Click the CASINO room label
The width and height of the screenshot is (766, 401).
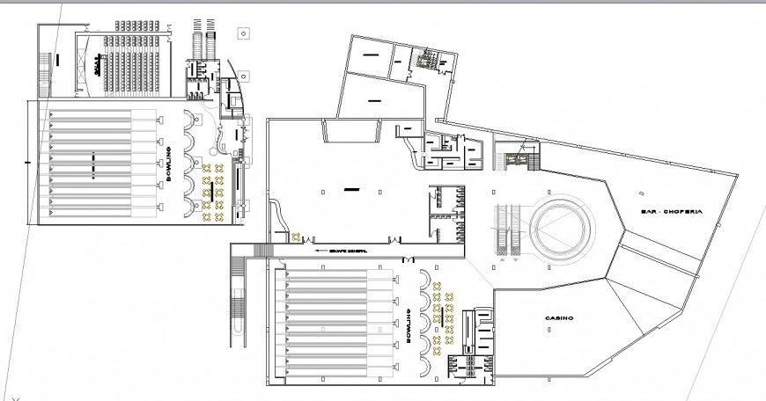coord(559,317)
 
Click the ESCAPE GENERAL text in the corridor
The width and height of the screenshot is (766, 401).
coord(346,251)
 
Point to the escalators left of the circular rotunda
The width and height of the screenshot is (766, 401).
coord(505,230)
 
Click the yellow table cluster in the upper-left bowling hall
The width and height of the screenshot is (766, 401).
coord(212,187)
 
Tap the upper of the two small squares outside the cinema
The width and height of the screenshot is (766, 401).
coord(240,33)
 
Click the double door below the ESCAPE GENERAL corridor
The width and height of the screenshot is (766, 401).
coord(408,259)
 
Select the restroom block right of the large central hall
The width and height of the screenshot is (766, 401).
coord(446,212)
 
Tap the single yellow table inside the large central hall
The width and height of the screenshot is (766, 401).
coord(297,235)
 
